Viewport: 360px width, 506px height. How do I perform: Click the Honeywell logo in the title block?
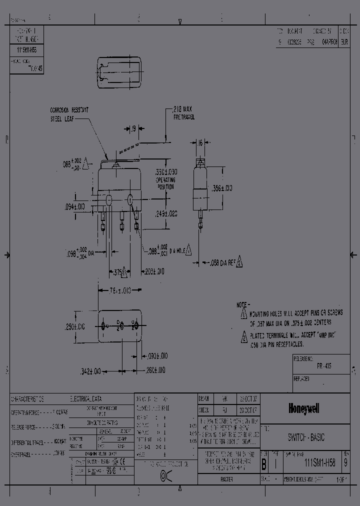[303, 408]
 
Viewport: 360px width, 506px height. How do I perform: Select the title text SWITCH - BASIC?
[306, 437]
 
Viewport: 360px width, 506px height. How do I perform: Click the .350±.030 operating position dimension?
[166, 175]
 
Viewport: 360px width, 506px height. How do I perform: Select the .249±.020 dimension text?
[166, 213]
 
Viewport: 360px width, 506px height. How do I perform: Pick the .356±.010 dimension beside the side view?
[222, 188]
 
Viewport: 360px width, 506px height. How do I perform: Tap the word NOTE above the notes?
[242, 304]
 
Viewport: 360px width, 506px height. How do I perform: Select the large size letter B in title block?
[263, 464]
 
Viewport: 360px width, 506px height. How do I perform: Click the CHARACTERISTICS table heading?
[27, 399]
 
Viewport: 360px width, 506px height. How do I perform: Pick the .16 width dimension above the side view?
[200, 143]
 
